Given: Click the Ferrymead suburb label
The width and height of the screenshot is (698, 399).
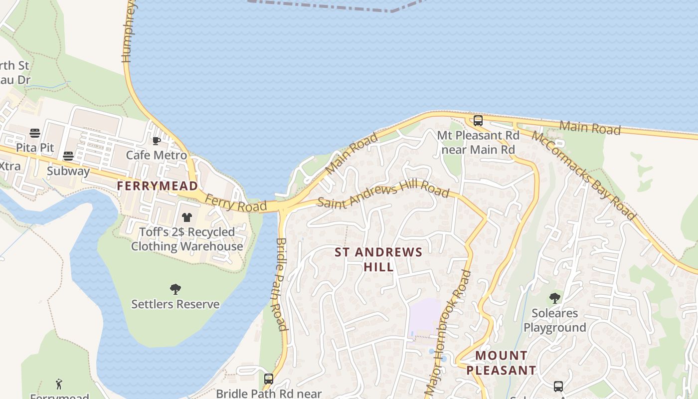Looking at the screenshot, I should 157,186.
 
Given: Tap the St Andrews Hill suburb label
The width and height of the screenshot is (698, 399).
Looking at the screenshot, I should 378,259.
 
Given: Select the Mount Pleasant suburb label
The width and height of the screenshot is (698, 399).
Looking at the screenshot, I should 501,363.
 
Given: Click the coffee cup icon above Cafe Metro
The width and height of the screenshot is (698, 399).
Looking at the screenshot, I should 156,141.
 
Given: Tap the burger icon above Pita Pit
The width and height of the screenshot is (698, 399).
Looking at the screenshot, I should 34,133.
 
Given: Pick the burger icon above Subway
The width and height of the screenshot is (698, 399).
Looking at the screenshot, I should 68,156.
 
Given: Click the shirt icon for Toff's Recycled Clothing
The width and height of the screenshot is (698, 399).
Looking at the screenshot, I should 187,217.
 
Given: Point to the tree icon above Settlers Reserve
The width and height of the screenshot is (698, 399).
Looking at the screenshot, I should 175,289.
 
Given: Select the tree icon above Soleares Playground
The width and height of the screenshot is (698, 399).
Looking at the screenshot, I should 554,298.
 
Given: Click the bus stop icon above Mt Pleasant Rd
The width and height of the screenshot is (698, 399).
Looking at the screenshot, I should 478,120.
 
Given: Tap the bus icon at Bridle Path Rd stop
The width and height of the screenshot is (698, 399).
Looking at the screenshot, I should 269,379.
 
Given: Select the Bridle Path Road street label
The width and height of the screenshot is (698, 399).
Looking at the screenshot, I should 279,284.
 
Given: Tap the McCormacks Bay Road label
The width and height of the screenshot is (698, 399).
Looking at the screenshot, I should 583,175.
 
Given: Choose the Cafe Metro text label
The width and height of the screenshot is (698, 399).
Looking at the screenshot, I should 156,155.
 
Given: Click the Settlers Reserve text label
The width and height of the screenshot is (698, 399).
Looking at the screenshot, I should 175,304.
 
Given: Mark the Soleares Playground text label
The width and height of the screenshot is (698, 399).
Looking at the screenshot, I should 554,320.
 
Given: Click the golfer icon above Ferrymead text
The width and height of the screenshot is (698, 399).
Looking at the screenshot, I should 59,384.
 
